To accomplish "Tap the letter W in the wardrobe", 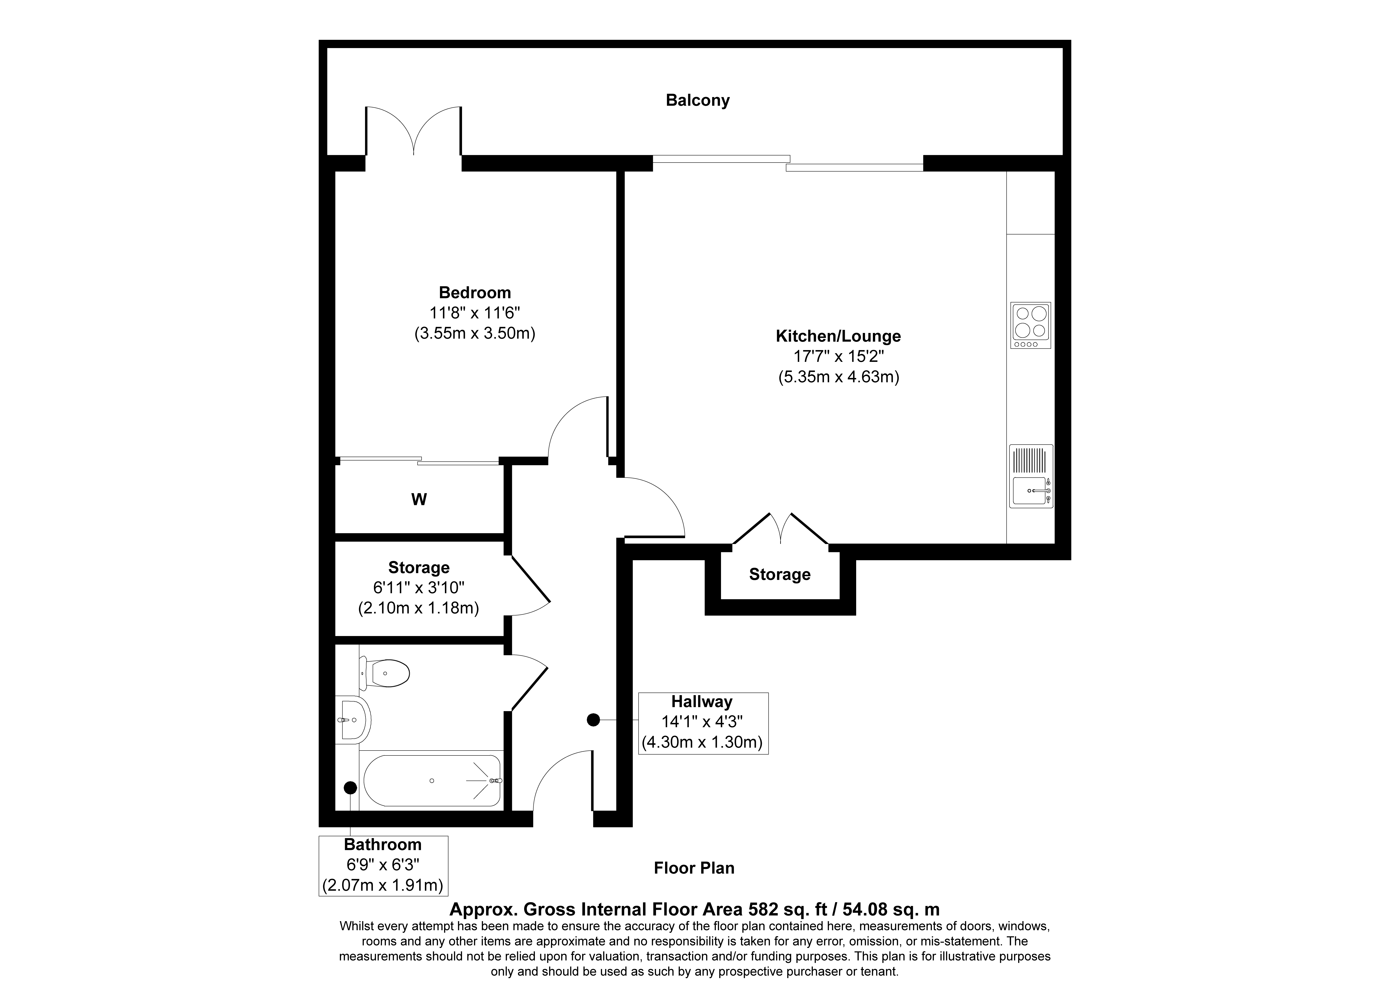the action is click(x=419, y=499).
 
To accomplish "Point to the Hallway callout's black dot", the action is click(x=593, y=720).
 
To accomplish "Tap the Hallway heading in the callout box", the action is click(x=702, y=702).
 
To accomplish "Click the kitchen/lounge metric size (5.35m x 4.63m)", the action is click(x=838, y=377).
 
